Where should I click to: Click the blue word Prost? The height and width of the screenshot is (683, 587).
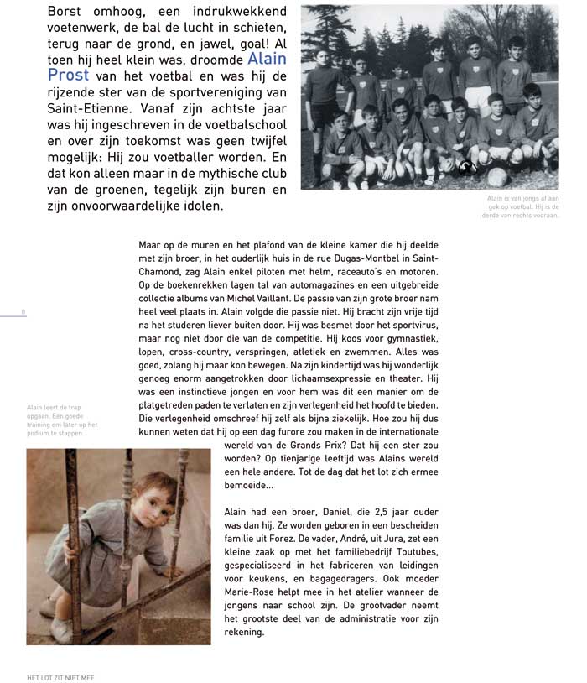(69, 76)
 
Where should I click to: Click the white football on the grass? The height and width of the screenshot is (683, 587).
(496, 177)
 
